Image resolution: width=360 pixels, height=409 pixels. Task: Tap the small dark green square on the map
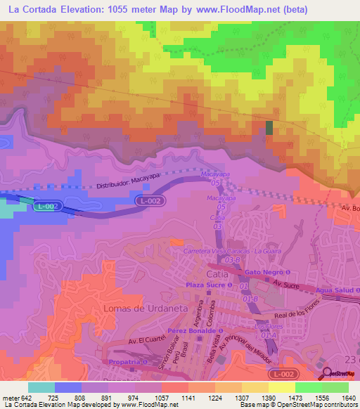pos(269,127)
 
